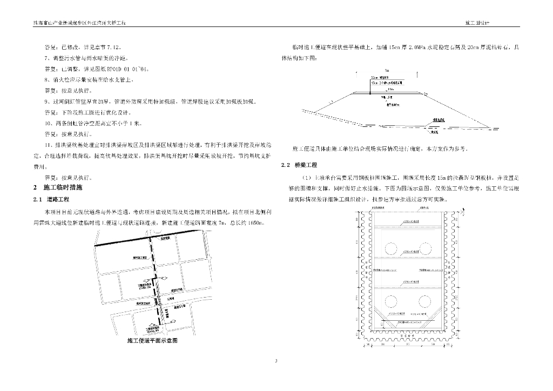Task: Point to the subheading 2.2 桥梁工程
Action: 299,165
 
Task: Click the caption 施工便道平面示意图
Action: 152,341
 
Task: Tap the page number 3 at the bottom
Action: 276,361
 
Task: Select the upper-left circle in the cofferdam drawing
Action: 393,247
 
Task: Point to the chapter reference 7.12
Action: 118,47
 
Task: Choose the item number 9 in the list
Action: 46,102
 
